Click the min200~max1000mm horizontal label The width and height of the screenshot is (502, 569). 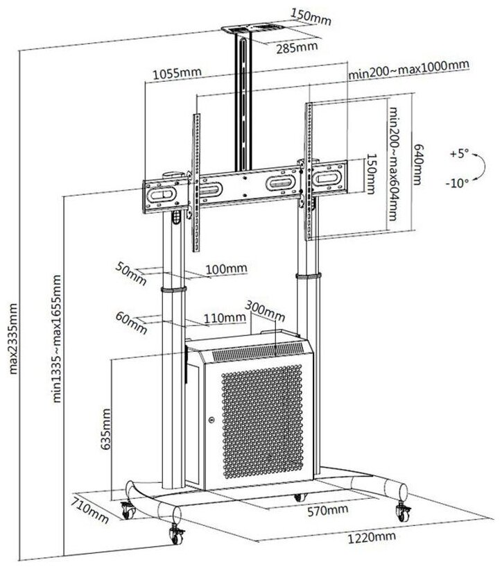pos(410,65)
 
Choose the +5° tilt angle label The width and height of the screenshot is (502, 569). pos(458,152)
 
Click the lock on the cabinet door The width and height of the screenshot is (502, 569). pos(211,420)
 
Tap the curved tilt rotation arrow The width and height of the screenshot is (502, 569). pos(478,167)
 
